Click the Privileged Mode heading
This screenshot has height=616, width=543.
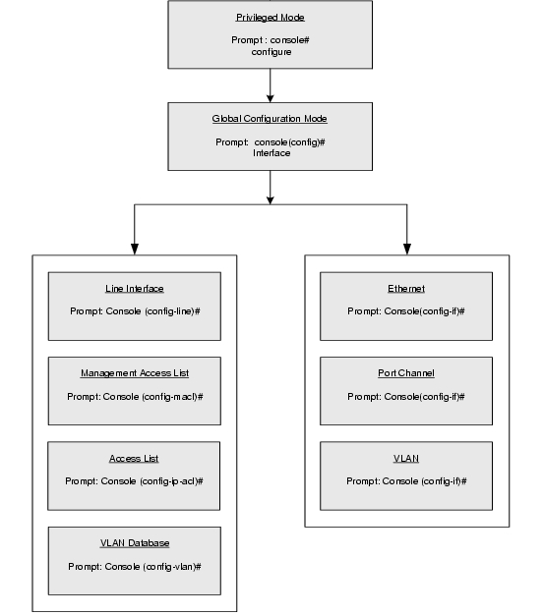270,18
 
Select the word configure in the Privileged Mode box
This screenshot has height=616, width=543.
271,52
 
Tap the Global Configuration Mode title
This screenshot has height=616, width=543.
270,119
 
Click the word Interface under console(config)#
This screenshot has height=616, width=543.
271,153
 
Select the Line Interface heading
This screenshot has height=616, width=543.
134,289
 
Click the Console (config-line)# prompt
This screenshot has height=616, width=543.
135,311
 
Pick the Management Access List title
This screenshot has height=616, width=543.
135,373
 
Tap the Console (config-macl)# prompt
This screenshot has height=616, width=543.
135,397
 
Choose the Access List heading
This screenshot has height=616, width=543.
134,459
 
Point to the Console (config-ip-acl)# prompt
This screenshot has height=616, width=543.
134,481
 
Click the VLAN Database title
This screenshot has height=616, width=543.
135,543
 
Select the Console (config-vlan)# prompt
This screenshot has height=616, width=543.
135,567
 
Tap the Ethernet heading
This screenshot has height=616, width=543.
406,289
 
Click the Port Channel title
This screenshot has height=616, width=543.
406,373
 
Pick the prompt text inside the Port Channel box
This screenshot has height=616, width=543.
406,397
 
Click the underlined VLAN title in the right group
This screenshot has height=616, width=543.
406,459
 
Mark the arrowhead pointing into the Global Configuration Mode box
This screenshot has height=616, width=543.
270,98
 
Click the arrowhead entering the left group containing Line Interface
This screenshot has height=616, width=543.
135,250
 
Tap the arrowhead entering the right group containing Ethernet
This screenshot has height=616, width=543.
407,250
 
